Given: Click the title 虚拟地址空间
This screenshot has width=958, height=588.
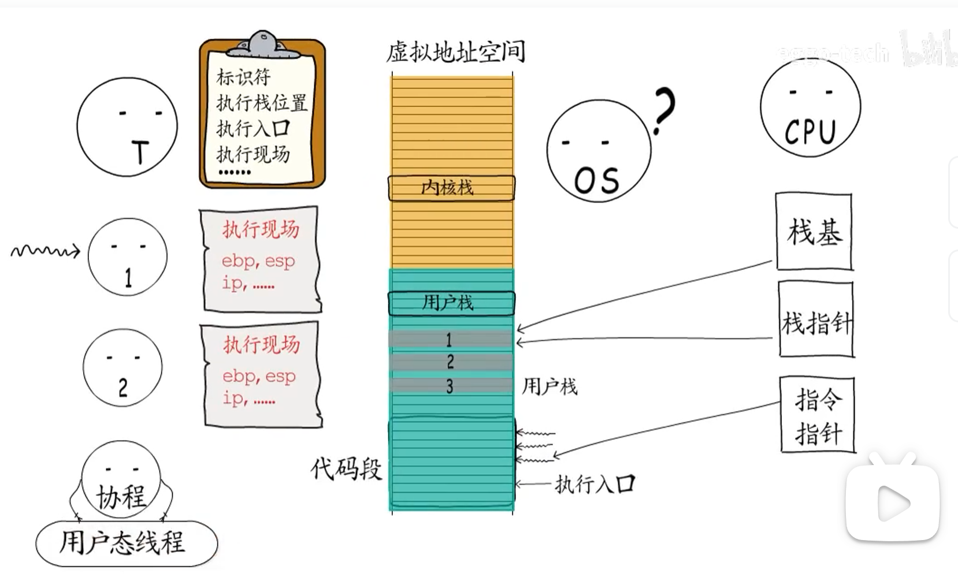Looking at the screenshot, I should point(455,52).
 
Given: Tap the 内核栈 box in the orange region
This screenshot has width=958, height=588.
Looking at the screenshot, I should point(451,188).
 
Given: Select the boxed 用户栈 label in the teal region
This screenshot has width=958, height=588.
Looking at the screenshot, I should point(451,303).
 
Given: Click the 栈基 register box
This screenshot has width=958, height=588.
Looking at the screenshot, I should point(814,232).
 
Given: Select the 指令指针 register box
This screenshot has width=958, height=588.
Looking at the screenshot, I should point(817,415).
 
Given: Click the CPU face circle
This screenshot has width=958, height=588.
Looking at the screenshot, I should point(810,107).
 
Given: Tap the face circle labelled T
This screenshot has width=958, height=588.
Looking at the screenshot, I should point(127,127).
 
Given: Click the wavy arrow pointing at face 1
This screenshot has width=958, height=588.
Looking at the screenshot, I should point(45,251).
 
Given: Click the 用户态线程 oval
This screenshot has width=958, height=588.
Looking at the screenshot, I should point(126,544).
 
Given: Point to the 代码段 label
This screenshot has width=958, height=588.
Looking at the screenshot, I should point(346,468).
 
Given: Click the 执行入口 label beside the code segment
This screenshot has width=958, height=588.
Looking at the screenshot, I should point(595,484).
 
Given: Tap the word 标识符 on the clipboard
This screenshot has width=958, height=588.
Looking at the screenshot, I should point(243,77).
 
